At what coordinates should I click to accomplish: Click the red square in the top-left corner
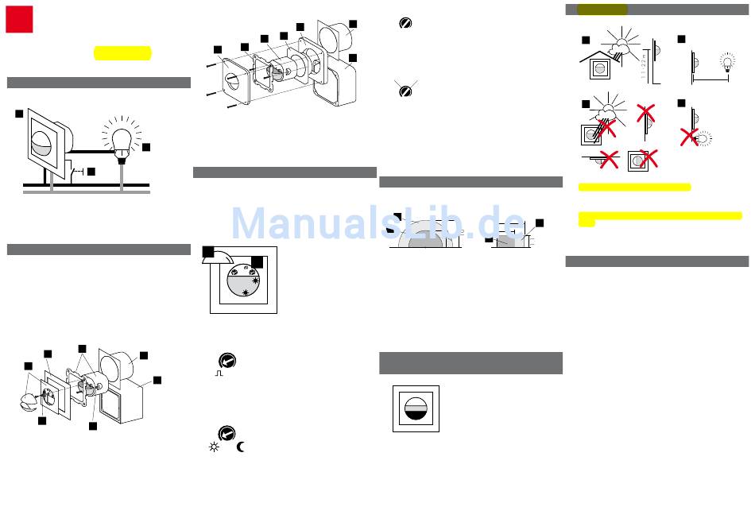point(19,20)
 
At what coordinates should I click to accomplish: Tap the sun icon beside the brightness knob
point(213,447)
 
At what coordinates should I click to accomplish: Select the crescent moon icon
point(241,447)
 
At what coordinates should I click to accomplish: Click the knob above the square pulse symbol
point(226,360)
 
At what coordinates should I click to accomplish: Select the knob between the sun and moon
point(226,433)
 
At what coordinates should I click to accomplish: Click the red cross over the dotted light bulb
point(690,137)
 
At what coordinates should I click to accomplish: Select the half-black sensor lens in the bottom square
point(416,408)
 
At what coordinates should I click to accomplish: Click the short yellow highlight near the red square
point(122,53)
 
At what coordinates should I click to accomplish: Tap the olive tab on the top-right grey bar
point(602,10)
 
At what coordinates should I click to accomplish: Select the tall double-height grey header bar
point(470,363)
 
